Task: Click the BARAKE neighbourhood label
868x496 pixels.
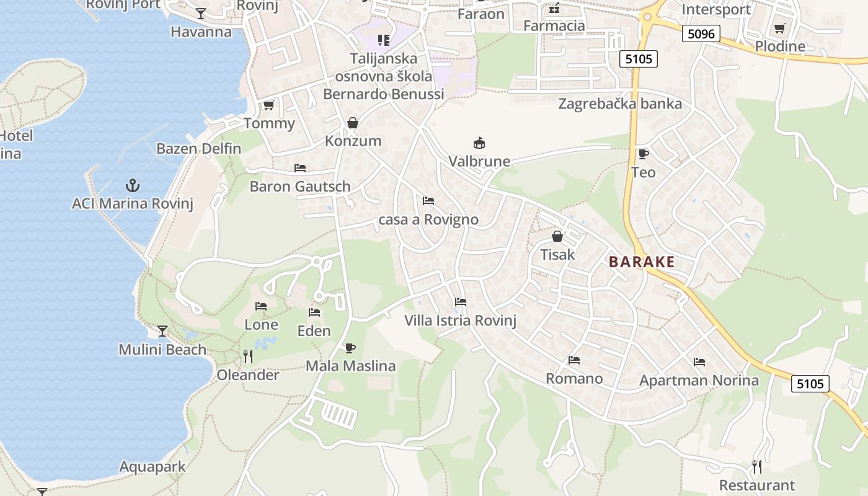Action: pyautogui.click(x=641, y=262)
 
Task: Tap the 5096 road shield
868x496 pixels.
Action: pyautogui.click(x=701, y=33)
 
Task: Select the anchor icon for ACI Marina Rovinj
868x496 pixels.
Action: pyautogui.click(x=132, y=185)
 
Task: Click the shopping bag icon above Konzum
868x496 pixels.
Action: pyautogui.click(x=353, y=123)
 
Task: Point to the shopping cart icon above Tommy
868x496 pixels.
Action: pyautogui.click(x=268, y=105)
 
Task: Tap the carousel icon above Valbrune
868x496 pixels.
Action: pyautogui.click(x=479, y=143)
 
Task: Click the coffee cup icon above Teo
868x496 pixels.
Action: pyautogui.click(x=643, y=154)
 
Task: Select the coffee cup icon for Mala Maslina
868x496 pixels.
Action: pyautogui.click(x=350, y=348)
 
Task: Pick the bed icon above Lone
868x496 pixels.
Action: pyautogui.click(x=261, y=306)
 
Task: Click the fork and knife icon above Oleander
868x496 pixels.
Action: pyautogui.click(x=248, y=356)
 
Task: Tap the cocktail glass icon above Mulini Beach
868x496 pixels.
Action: pyautogui.click(x=162, y=331)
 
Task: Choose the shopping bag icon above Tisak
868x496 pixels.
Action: pyautogui.click(x=557, y=236)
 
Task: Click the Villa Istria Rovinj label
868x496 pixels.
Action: pyautogui.click(x=460, y=321)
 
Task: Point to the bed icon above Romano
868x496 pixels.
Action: pyautogui.click(x=574, y=360)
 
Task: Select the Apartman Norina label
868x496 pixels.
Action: pyautogui.click(x=699, y=380)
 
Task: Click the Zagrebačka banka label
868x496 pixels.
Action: pyautogui.click(x=620, y=104)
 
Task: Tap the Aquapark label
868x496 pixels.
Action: pyautogui.click(x=153, y=467)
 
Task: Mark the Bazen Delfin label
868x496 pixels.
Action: pyautogui.click(x=198, y=149)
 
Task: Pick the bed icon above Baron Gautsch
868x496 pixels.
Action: pyautogui.click(x=300, y=168)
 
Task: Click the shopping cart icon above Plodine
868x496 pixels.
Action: pyautogui.click(x=780, y=28)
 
